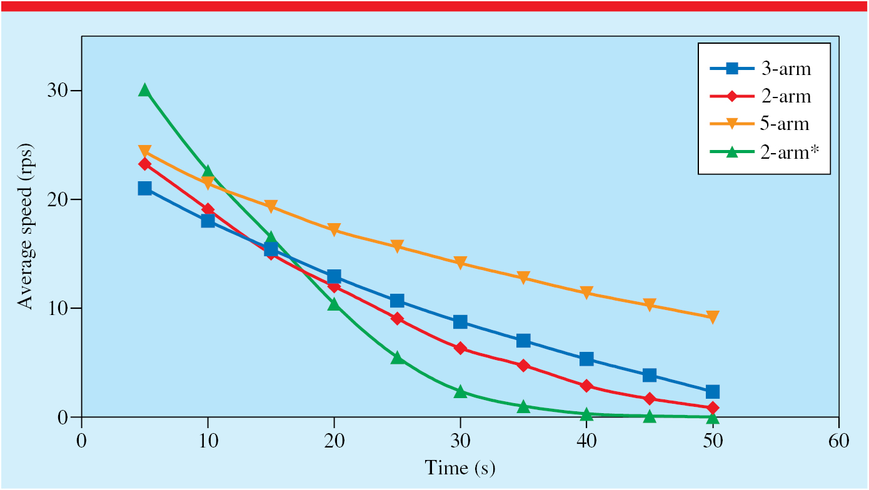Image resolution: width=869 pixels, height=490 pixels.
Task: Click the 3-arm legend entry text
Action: [x=786, y=69]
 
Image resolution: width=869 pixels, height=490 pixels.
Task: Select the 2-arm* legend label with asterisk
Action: [x=789, y=152]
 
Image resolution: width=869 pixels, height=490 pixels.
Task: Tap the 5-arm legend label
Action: [x=785, y=124]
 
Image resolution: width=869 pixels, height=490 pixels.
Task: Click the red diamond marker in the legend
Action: [x=731, y=96]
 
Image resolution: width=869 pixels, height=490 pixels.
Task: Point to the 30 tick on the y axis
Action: [x=58, y=91]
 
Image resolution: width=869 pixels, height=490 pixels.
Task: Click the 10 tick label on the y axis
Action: [x=58, y=308]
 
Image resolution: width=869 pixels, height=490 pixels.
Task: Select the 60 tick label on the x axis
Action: [x=839, y=441]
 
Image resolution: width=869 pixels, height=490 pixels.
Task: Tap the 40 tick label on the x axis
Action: [x=586, y=441]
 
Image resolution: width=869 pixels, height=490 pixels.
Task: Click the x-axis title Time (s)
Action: [x=460, y=467]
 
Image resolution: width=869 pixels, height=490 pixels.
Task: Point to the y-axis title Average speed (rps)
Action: [x=26, y=226]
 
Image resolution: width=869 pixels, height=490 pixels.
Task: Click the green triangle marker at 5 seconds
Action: [x=144, y=90]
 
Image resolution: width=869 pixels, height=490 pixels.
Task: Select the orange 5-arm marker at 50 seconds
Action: [x=712, y=317]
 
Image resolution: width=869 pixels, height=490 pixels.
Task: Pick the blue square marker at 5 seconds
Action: [x=144, y=189]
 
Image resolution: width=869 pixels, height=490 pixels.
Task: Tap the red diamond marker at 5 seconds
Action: [x=144, y=164]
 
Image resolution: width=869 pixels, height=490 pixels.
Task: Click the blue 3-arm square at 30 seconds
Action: [x=460, y=322]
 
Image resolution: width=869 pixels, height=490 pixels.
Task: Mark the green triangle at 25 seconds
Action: [x=397, y=357]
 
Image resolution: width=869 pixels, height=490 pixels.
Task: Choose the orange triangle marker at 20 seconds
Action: [x=334, y=229]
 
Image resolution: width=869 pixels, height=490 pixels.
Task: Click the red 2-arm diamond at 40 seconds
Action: [x=586, y=386]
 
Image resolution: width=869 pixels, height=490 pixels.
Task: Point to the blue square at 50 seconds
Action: [x=712, y=392]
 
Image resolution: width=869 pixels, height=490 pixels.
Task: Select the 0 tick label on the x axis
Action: [x=81, y=441]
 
